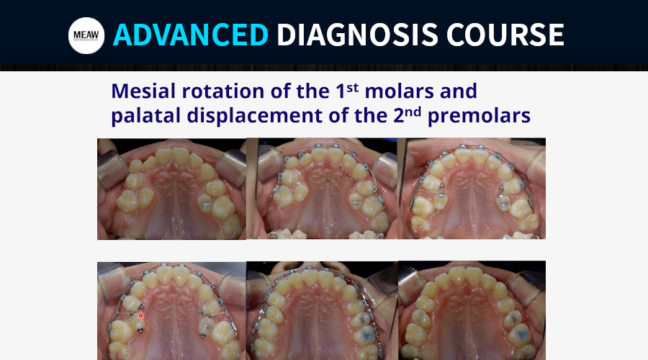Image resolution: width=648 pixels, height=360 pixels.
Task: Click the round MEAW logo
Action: [86, 35]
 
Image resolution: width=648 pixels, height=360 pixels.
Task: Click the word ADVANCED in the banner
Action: [191, 35]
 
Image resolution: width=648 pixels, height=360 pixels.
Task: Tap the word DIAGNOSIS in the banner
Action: [357, 35]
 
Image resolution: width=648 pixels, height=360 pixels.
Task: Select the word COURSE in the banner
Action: [505, 35]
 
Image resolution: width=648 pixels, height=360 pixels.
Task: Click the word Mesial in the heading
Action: [144, 91]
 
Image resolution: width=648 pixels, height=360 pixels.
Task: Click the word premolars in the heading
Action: [479, 116]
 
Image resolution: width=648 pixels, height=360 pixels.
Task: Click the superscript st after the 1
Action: [352, 87]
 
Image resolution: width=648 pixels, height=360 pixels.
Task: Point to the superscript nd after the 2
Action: [413, 112]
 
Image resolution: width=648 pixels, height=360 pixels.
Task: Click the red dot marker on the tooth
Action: [140, 316]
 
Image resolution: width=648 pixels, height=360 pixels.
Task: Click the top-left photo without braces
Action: [171, 189]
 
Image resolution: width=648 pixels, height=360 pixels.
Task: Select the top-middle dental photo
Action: [322, 189]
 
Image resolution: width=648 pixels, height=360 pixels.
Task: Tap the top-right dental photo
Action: [472, 189]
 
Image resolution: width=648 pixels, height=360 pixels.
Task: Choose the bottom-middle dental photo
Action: [322, 310]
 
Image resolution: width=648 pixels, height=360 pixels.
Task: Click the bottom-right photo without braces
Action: [472, 310]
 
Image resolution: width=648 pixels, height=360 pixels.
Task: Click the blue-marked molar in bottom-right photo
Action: [519, 334]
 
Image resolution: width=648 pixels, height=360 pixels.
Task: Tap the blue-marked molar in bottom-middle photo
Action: [366, 334]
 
